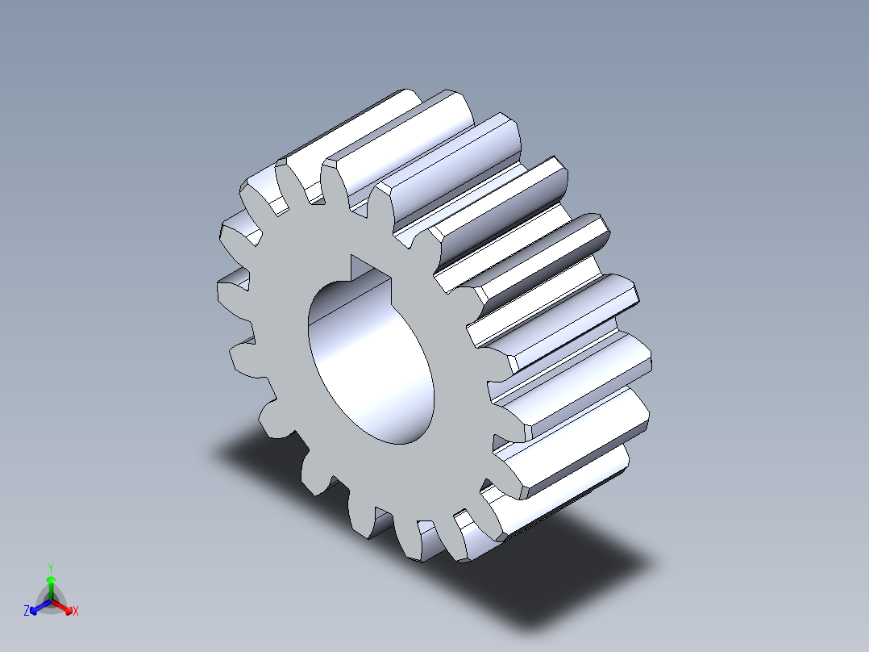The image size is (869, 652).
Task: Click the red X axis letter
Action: (x=75, y=612)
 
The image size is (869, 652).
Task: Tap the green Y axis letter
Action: (x=50, y=567)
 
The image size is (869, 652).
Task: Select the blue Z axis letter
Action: (x=27, y=612)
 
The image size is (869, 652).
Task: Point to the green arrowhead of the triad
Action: (x=50, y=580)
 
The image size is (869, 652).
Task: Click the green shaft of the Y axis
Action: (x=50, y=591)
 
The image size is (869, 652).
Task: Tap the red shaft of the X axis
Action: (x=59, y=604)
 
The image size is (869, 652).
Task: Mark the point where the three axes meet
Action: (x=50, y=600)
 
